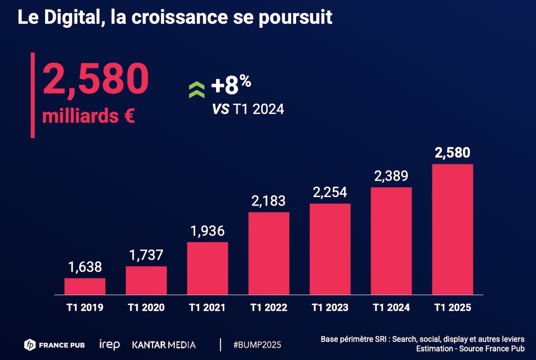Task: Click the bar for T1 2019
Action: coord(85,286)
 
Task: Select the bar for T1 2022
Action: coord(269,253)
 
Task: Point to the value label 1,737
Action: coord(146,255)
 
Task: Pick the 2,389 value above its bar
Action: coord(391,176)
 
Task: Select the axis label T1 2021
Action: coord(207,308)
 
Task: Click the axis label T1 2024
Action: coord(391,308)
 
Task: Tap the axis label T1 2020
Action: coord(146,308)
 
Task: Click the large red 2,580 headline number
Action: coord(95,79)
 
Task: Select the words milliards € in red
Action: coord(89,116)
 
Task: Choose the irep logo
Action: coord(110,345)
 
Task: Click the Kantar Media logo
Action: coord(164,345)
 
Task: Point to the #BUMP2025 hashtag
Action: coord(257,345)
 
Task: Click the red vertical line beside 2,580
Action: coord(33,95)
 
